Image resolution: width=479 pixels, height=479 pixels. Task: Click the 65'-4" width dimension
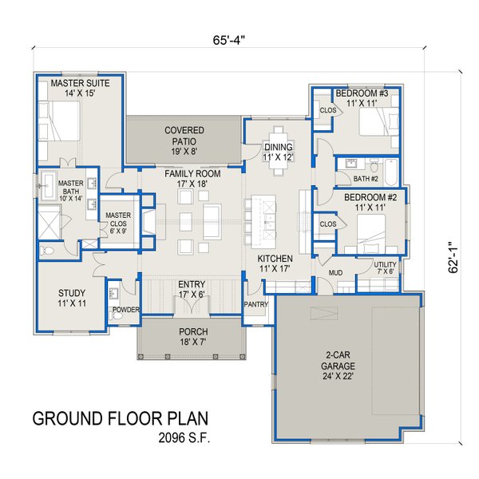229,40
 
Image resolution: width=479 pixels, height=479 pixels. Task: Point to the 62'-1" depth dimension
453,258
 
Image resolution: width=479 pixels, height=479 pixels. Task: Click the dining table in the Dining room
278,151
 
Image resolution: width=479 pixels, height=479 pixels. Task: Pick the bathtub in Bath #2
391,172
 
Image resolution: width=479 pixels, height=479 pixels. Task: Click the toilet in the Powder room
116,316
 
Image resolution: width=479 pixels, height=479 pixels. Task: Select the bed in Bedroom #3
378,121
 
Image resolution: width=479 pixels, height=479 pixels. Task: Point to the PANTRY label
256,304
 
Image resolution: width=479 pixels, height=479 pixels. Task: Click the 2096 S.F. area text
184,438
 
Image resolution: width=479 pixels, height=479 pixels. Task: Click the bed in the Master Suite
60,121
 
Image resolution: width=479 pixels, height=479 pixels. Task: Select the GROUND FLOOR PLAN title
121,418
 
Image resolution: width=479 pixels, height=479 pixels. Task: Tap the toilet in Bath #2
374,166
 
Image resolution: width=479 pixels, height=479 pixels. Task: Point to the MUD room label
335,272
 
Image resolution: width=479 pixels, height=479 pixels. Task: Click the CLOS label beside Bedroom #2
328,224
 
